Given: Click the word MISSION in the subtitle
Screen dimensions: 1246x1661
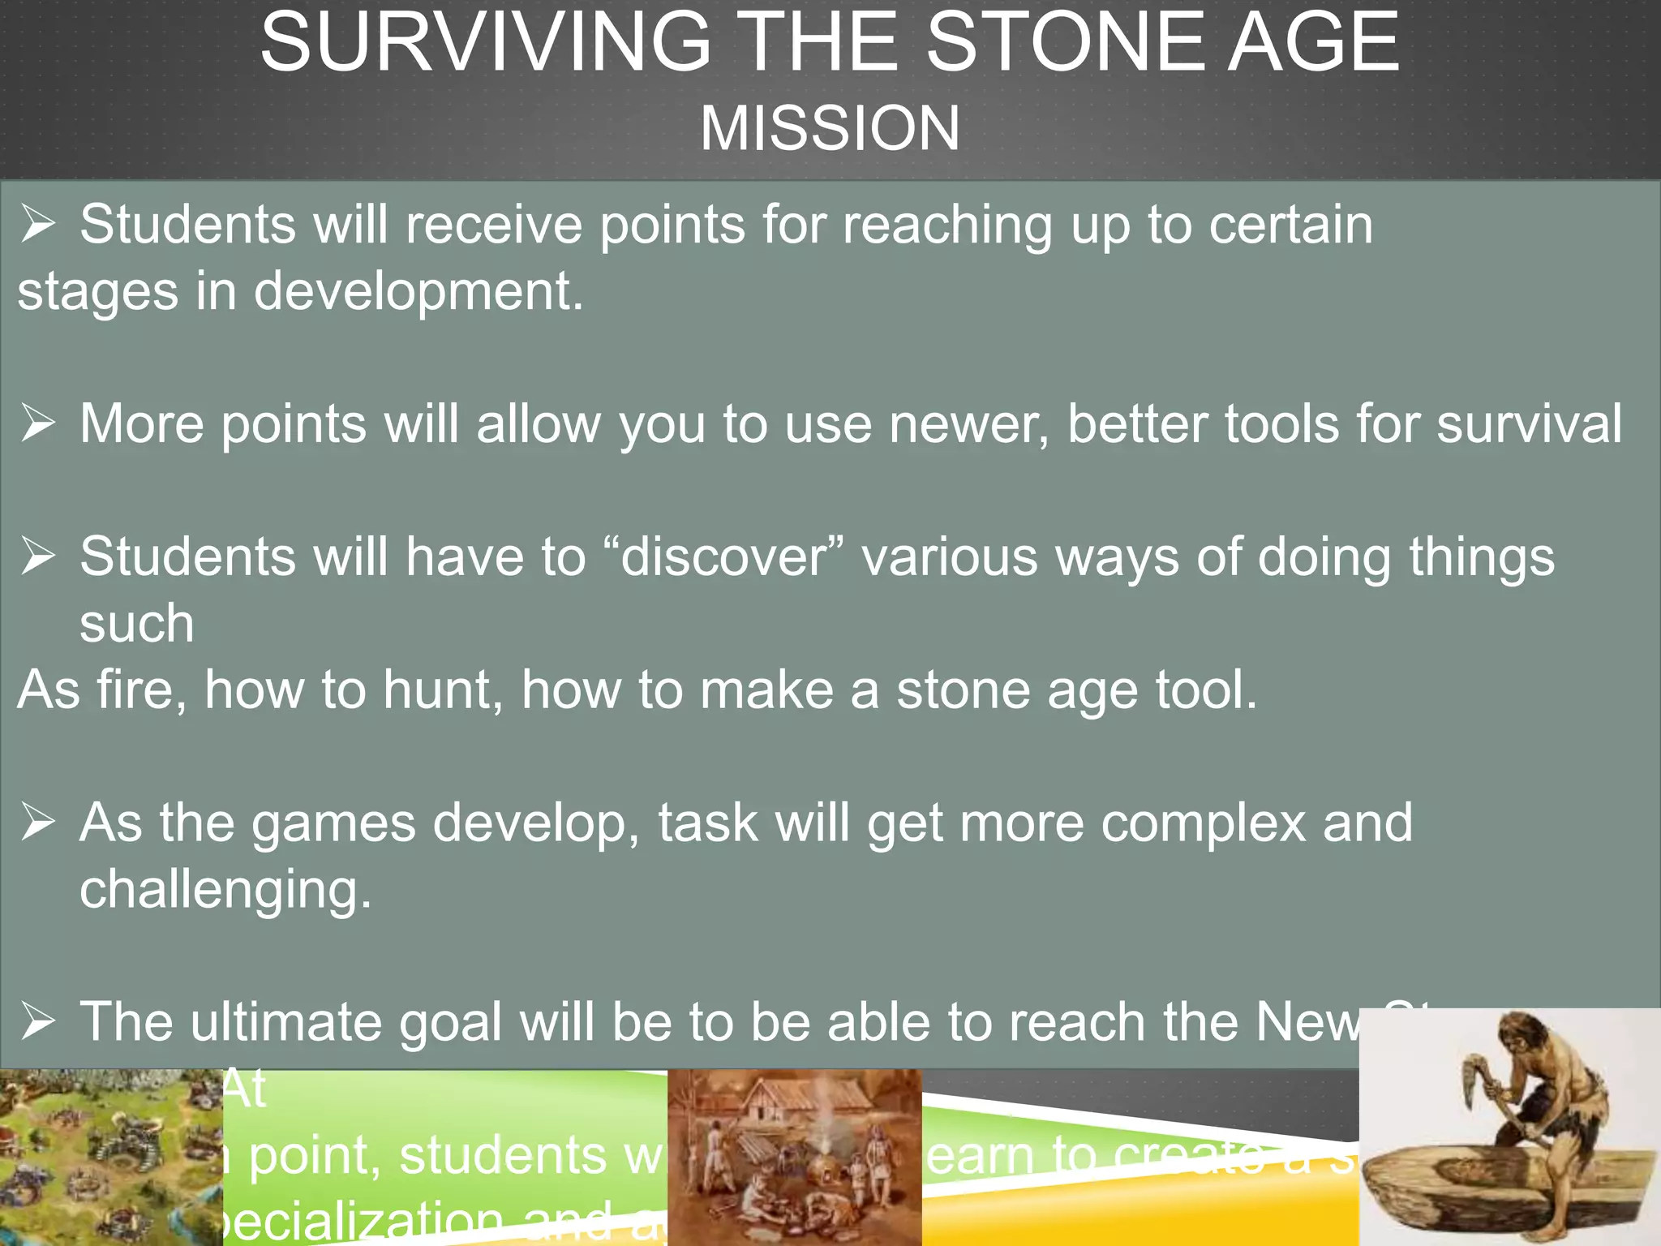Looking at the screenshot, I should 830,128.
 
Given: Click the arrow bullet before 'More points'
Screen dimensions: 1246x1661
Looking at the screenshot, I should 38,423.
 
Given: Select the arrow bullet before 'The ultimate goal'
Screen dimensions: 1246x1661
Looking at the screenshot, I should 38,1020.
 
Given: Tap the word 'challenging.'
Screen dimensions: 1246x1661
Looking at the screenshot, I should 225,889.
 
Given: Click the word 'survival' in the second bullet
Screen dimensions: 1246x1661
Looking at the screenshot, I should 1530,423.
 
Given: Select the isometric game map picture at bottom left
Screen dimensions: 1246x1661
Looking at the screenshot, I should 110,1158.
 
